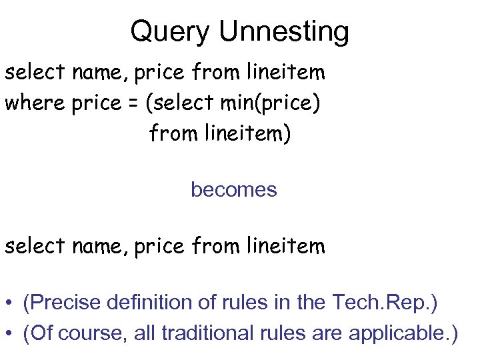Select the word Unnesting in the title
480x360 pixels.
(x=283, y=31)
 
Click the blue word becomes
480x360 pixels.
(x=233, y=190)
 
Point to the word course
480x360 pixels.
(x=91, y=333)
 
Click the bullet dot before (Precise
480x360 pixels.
(x=9, y=304)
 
